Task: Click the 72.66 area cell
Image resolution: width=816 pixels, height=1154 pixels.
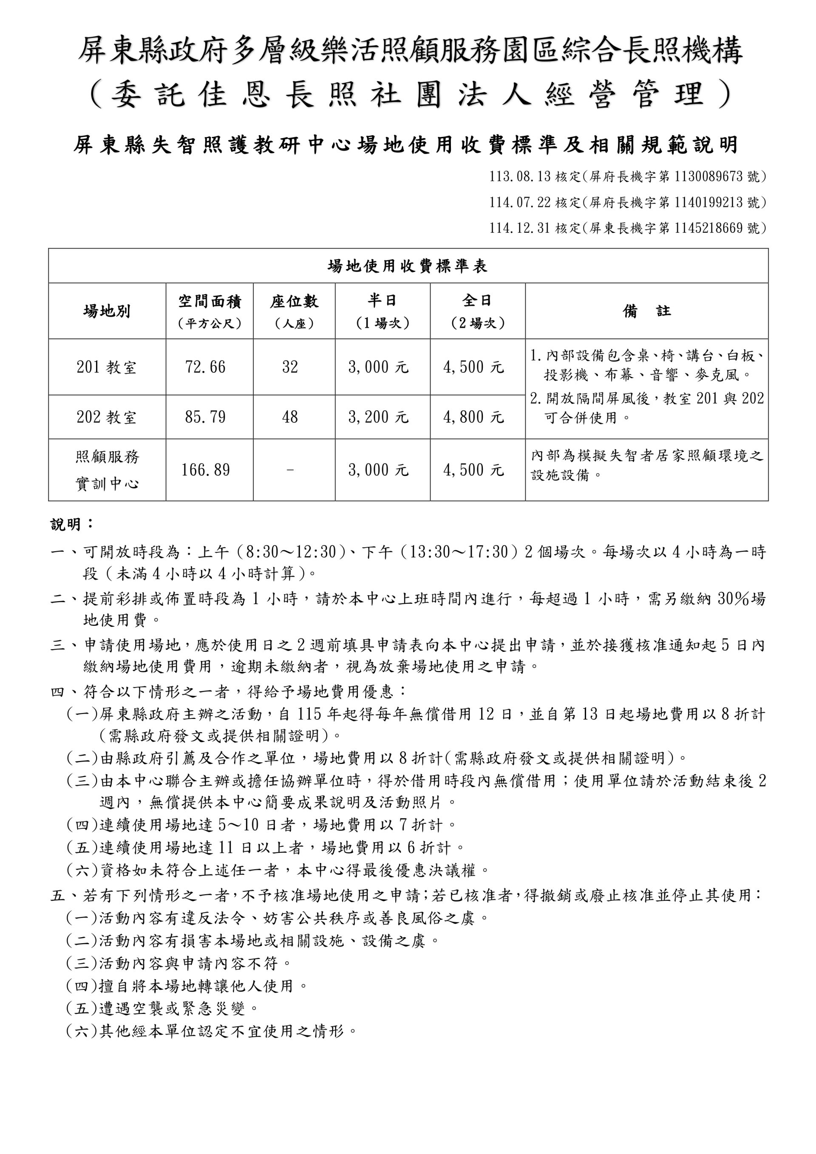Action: point(205,367)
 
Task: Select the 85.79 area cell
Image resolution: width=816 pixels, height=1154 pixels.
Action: point(205,417)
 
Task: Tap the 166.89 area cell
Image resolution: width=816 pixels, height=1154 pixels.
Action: point(205,470)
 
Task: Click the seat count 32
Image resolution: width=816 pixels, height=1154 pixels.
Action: point(290,367)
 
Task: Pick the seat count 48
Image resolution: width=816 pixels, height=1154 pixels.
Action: point(290,417)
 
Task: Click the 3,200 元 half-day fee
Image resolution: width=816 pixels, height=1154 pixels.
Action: point(378,417)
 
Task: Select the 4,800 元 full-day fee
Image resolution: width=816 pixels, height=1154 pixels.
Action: point(473,417)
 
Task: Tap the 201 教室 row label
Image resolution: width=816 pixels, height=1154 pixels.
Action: point(107,367)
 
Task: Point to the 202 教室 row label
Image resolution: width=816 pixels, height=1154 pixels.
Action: point(107,417)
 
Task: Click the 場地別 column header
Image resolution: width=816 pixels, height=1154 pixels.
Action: point(107,311)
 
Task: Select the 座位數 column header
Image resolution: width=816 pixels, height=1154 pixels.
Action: point(294,302)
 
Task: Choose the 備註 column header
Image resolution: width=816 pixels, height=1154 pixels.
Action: point(646,311)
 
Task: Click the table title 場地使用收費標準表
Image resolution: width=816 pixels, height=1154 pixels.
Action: point(408,266)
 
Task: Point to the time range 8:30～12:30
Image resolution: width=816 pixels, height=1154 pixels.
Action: point(291,552)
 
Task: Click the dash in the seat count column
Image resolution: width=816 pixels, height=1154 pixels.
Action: point(290,470)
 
